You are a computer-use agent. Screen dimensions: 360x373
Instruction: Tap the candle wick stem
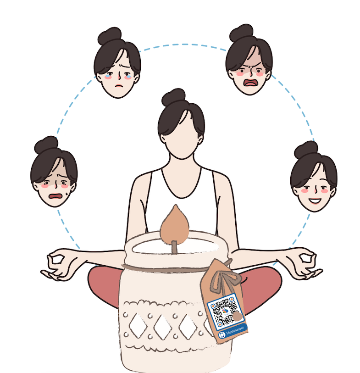click(175, 247)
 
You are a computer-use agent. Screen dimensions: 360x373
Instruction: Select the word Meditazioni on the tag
click(235, 330)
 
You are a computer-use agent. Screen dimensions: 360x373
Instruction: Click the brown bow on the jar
click(222, 281)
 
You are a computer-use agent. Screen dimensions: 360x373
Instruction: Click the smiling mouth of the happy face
click(315, 201)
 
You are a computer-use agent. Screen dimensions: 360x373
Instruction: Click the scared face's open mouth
click(55, 196)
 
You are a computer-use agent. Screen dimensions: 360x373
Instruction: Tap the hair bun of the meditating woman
click(173, 97)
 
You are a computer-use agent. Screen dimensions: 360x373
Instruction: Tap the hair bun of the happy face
click(306, 150)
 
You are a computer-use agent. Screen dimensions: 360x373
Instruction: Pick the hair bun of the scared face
click(46, 145)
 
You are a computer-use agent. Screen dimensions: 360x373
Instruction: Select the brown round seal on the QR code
click(237, 317)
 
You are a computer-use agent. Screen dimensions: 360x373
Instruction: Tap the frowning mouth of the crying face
click(118, 86)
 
